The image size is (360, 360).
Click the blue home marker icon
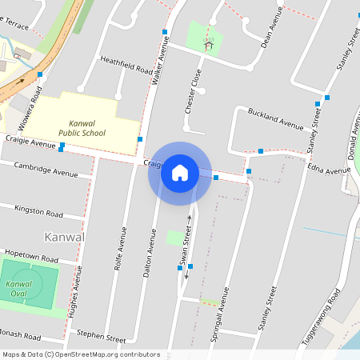(180, 173)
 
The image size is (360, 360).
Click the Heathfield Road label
(126, 65)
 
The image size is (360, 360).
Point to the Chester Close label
(191, 90)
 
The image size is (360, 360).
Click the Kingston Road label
(38, 210)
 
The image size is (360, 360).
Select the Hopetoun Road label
(31, 258)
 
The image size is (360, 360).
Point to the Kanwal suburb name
(65, 238)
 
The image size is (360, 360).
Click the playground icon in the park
(209, 45)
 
